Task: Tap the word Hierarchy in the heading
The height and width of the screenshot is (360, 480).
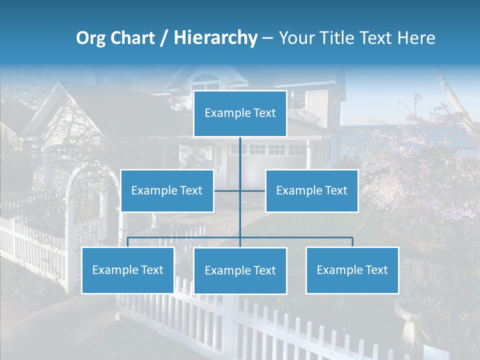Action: (215, 38)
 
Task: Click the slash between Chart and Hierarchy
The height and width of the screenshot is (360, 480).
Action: (163, 38)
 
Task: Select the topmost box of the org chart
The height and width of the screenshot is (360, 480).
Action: (240, 113)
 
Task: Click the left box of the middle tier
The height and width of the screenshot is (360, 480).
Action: (167, 190)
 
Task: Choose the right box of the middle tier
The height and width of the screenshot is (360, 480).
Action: (311, 190)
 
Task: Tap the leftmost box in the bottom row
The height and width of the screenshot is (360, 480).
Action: (127, 270)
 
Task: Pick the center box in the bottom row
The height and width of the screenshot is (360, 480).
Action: (240, 270)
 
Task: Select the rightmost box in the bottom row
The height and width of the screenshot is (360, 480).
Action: (352, 270)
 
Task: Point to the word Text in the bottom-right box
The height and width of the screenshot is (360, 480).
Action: (376, 270)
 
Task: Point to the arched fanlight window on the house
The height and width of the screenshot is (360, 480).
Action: (206, 80)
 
